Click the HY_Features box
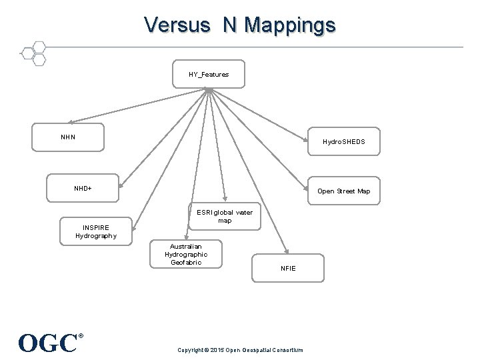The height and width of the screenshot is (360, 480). coord(209,74)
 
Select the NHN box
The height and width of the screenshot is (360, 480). coord(68,137)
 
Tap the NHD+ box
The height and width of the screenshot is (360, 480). coord(83,188)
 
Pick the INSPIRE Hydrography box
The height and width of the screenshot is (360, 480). coord(96,231)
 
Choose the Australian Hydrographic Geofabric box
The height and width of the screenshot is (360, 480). coord(186,254)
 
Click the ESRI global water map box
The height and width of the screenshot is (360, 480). coord(225,216)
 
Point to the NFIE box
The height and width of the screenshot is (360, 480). coord(288,268)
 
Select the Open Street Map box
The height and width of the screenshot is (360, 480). coord(344,191)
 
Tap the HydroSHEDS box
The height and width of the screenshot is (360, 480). coord(344,141)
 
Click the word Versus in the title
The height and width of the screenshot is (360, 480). coord(177,25)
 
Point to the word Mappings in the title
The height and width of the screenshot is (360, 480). coord(290,26)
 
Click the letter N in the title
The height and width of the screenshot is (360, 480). coord(229,25)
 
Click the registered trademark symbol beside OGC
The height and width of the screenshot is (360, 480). coord(81,336)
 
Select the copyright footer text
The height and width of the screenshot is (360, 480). coord(240,350)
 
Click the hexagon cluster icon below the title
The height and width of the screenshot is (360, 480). coord(34,53)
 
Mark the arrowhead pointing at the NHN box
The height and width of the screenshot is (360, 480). coord(71,122)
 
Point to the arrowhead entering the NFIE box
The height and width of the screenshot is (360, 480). coord(287,251)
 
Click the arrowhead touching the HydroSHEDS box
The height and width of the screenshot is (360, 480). coord(305,139)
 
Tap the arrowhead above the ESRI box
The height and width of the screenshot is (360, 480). coord(225,199)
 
